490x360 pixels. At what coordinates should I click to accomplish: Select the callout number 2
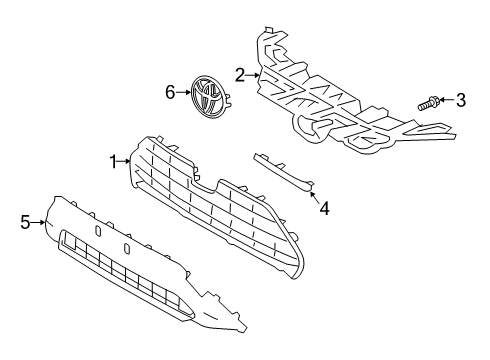(240, 73)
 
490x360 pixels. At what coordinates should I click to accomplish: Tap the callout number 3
(461, 99)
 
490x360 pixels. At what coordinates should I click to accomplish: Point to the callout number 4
(323, 209)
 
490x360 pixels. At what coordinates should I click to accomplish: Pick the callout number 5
(26, 222)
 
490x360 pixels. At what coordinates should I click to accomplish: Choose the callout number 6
(170, 92)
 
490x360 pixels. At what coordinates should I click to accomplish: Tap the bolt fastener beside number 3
(428, 100)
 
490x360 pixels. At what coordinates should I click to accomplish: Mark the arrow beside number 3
(447, 99)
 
